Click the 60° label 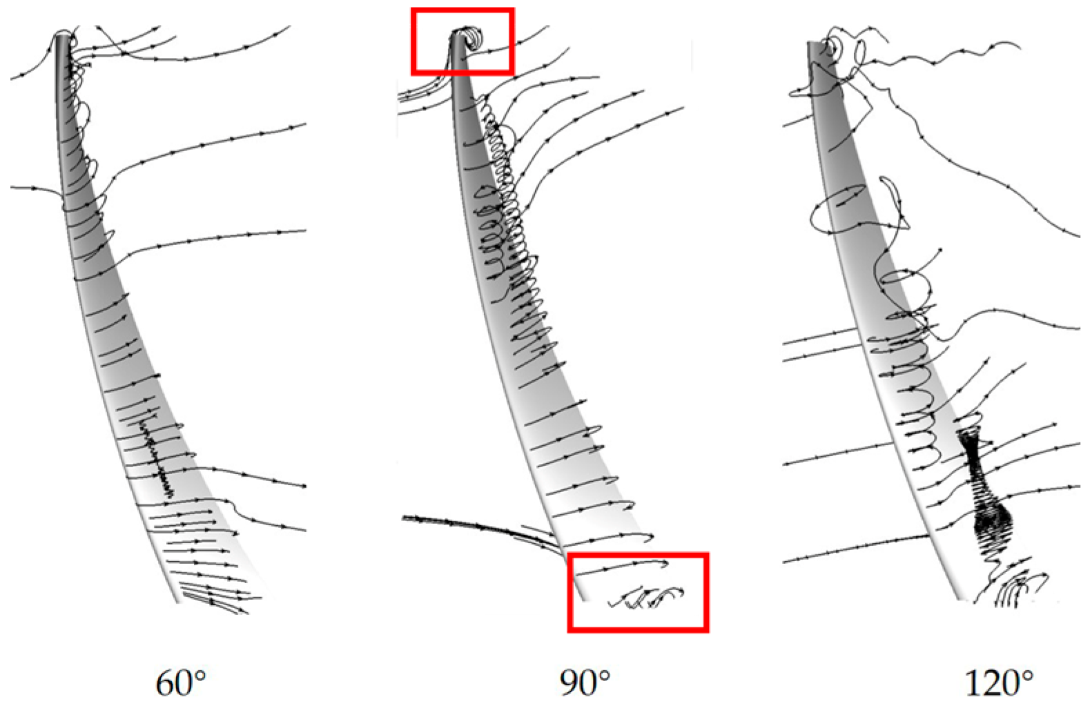pos(181,683)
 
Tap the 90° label pos(585,683)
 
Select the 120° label pos(998,683)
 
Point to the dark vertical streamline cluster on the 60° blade pos(157,455)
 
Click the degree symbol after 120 pos(1026,674)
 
